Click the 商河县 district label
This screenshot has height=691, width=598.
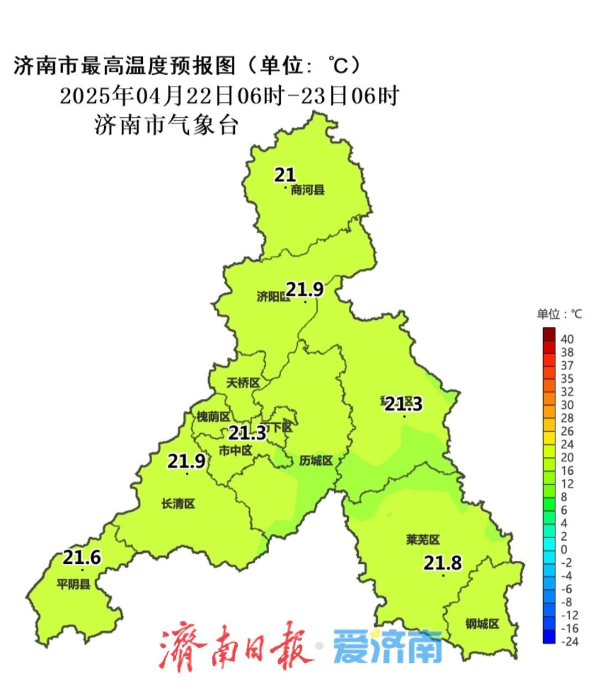[x=308, y=191]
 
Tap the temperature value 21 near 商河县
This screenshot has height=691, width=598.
[x=285, y=175]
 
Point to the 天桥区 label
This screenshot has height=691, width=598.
[x=243, y=383]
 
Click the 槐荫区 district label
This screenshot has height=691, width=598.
[x=213, y=417]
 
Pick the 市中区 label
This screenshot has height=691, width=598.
[x=235, y=450]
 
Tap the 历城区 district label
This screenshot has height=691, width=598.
[x=316, y=460]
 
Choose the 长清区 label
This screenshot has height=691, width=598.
[x=178, y=503]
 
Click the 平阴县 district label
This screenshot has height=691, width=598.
[x=74, y=584]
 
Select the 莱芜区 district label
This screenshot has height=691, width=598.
[x=422, y=539]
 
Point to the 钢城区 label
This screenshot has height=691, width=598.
[x=482, y=624]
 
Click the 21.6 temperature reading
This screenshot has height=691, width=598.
[x=81, y=557]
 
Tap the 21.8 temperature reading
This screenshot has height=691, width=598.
[x=443, y=563]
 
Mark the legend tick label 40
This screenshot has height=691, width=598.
[x=567, y=339]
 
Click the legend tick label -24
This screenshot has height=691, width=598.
[x=570, y=642]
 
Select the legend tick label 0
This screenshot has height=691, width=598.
[x=564, y=549]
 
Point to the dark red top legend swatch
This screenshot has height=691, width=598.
[x=549, y=334]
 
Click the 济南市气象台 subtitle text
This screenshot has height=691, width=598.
[x=166, y=125]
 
